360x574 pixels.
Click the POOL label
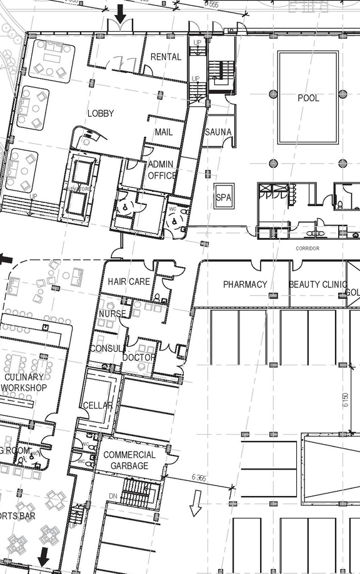pos(308,98)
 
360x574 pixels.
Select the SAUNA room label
pos(218,132)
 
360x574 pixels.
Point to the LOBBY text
pos(101,113)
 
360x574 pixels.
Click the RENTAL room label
pos(166,57)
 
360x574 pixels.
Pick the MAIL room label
pos(163,132)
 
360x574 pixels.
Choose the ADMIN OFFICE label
pos(161,170)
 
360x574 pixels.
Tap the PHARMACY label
pos(245,284)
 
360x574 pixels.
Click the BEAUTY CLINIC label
pos(317,284)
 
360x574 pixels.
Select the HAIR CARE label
pos(129,282)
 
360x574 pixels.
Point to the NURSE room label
pos(112,314)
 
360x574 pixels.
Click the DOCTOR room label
pos(139,357)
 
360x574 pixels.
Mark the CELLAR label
pos(97,405)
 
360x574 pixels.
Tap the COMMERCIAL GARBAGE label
pos(129,460)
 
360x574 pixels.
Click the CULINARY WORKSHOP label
pos(24,382)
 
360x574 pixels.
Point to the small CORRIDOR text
pos(307,249)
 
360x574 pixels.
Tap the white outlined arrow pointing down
pos(196,503)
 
